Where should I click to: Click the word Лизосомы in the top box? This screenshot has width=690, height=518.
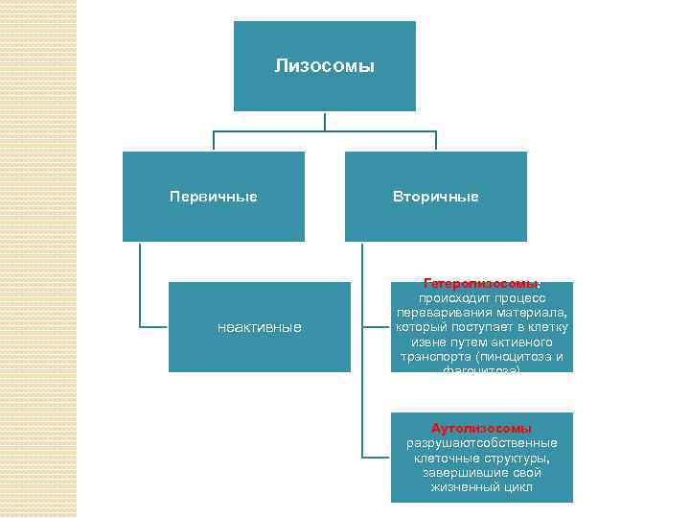point(324,66)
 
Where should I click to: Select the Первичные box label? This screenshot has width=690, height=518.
point(213,197)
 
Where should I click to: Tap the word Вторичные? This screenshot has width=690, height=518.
point(435,197)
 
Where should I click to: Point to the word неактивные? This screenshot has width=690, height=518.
point(259,328)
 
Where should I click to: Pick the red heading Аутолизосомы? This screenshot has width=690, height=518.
point(481,428)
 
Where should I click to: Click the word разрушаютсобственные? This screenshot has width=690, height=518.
point(481,443)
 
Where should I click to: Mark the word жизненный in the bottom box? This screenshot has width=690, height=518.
point(461,487)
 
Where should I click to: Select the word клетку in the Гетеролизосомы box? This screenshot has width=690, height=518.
point(547,328)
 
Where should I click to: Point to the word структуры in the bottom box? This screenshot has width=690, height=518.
point(515,459)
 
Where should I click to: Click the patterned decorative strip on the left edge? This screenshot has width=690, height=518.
point(38,259)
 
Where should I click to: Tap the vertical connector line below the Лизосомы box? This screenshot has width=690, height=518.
point(325,121)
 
